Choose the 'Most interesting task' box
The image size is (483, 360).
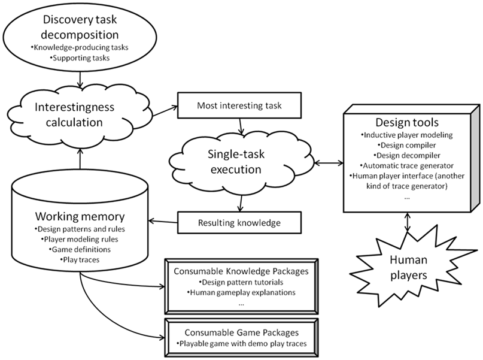tap(239, 105)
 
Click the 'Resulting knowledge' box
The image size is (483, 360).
tap(239, 222)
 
